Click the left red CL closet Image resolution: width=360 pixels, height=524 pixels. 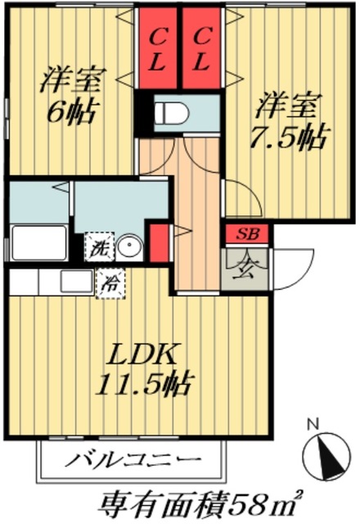[x=159, y=48]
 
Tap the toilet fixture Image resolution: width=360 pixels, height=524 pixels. [x=176, y=113]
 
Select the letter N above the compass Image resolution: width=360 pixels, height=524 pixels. [x=311, y=424]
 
